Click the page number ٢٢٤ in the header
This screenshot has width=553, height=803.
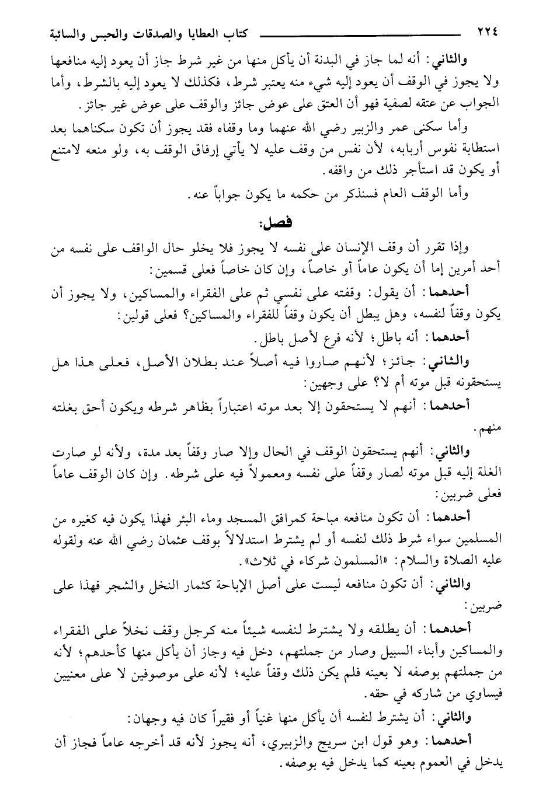click(x=486, y=32)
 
